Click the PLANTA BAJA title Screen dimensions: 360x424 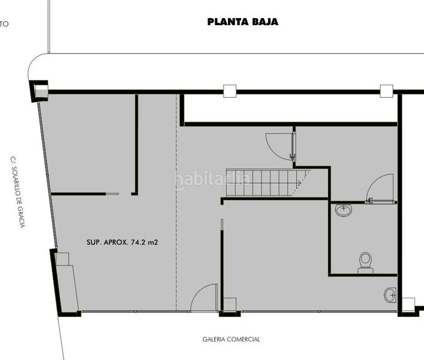click(x=243, y=22)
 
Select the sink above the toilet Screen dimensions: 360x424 click(x=344, y=210)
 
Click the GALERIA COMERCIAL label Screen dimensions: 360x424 click(x=231, y=340)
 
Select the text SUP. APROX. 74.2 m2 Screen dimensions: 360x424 click(x=122, y=242)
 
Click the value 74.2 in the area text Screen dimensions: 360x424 click(x=139, y=242)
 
